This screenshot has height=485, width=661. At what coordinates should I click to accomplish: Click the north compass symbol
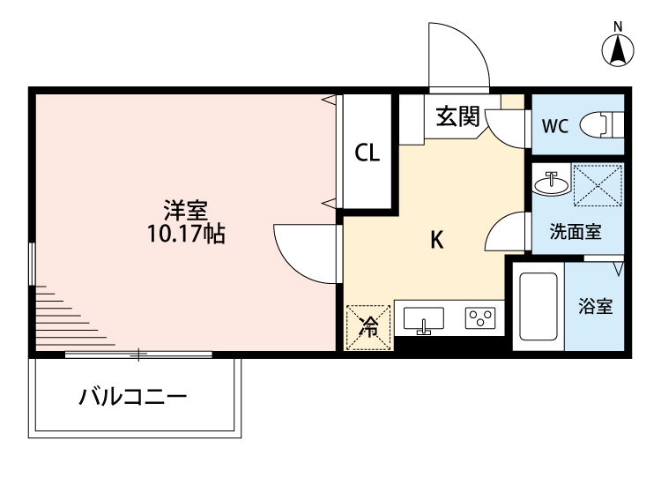619,50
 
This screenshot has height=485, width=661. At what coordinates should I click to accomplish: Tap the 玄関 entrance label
457,115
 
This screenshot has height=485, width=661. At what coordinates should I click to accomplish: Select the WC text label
554,126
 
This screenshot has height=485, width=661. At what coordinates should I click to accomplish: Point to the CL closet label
367,153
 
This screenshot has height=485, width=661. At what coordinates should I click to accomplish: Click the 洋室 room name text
185,212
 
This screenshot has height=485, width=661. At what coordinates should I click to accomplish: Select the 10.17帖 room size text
185,234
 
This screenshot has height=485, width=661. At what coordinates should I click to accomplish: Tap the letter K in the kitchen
435,240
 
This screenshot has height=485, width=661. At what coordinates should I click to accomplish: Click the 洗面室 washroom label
575,233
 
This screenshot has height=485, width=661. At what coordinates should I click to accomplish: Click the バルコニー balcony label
133,397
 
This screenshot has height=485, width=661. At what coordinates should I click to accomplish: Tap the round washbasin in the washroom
552,183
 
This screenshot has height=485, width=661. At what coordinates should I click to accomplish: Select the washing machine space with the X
598,185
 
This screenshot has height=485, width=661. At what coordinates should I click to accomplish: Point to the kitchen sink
424,319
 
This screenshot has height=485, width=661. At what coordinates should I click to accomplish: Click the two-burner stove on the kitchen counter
481,318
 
